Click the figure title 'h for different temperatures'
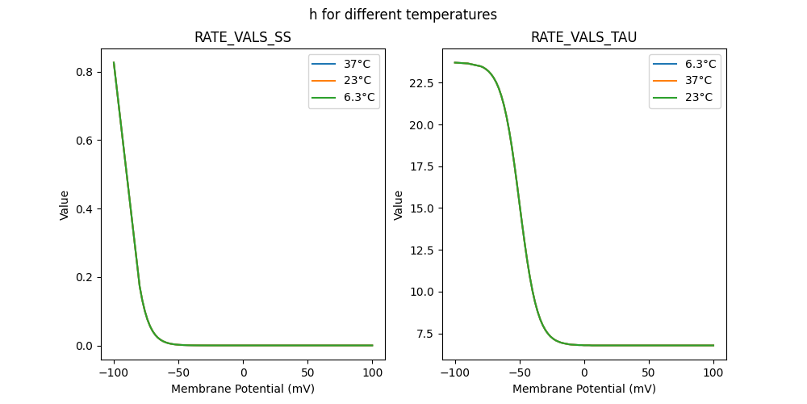tap(403, 15)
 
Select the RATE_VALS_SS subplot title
tap(243, 37)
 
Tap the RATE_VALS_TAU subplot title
tap(583, 37)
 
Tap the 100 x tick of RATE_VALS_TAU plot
tap(713, 372)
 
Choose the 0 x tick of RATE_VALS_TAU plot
tap(584, 372)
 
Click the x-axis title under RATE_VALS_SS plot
tap(243, 389)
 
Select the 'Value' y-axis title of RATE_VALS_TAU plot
tap(398, 204)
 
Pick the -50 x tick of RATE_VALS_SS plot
tap(178, 372)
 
